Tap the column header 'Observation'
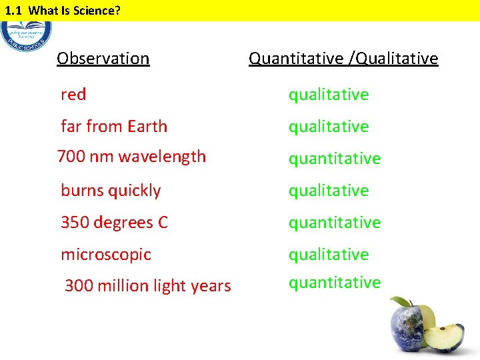[x=103, y=59]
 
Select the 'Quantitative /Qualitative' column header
[x=343, y=59]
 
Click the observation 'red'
[x=73, y=95]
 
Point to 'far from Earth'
[x=114, y=127]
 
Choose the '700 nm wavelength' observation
[x=132, y=157]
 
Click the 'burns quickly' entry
[x=111, y=191]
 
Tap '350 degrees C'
[x=114, y=223]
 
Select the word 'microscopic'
[x=106, y=255]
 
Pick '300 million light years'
[x=147, y=286]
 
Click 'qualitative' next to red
[x=328, y=95]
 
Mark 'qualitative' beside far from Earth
[x=328, y=127]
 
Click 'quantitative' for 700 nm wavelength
[x=334, y=159]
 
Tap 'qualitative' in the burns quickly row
[x=328, y=191]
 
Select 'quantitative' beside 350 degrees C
[x=334, y=223]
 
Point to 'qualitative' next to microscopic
[x=328, y=255]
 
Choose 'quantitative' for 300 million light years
[x=334, y=283]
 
